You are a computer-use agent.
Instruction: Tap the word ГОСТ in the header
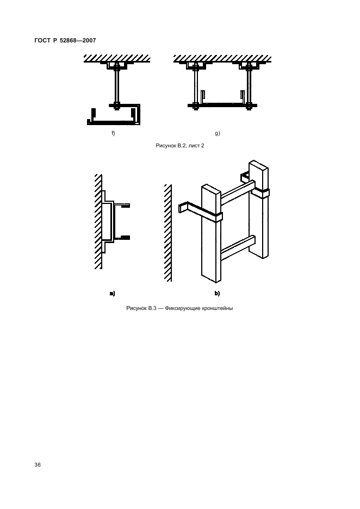[x=42, y=41]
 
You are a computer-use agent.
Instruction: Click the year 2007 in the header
[x=89, y=41]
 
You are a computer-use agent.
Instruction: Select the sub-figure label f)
[x=113, y=133]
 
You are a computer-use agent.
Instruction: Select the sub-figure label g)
[x=218, y=133]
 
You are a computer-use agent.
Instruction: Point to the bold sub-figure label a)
[x=112, y=294]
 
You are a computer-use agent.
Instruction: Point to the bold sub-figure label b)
[x=217, y=294]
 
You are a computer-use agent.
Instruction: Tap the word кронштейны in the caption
[x=218, y=308]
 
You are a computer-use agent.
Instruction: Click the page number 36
[x=38, y=465]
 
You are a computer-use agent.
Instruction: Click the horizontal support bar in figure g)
[x=222, y=105]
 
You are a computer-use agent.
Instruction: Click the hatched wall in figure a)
[x=98, y=222]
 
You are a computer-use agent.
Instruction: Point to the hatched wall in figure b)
[x=168, y=233]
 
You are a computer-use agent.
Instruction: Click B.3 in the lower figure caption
[x=152, y=308]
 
